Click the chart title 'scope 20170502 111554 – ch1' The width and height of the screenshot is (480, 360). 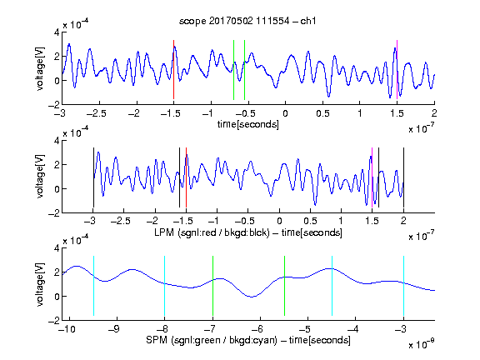tap(247, 21)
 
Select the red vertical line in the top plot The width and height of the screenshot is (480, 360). tap(173, 70)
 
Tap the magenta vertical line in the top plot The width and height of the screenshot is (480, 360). tap(397, 70)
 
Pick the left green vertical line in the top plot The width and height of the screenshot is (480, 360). tap(233, 70)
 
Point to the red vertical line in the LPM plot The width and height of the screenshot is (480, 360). tap(186, 177)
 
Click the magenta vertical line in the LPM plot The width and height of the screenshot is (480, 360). tap(372, 177)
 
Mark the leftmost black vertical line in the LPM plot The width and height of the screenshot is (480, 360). tap(93, 177)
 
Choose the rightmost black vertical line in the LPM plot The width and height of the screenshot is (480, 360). tap(403, 177)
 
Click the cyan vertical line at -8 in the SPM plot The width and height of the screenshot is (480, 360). tap(165, 286)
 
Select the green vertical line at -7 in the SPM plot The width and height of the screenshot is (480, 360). tap(212, 286)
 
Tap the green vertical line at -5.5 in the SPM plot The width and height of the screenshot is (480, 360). tap(284, 286)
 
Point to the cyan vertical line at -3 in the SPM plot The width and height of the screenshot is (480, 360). tap(403, 286)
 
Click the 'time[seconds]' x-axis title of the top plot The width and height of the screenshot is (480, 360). tap(248, 124)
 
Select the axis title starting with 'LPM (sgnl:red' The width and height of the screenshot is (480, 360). tap(248, 232)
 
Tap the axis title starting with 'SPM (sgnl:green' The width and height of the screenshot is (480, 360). tap(248, 340)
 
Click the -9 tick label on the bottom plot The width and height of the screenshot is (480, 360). tap(114, 329)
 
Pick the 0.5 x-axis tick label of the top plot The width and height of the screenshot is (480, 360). tap(322, 113)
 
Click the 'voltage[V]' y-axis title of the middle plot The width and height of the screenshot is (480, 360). tap(40, 177)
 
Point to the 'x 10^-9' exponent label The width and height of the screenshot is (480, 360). tap(422, 344)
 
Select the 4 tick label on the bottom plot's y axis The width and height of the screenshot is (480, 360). tap(57, 248)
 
